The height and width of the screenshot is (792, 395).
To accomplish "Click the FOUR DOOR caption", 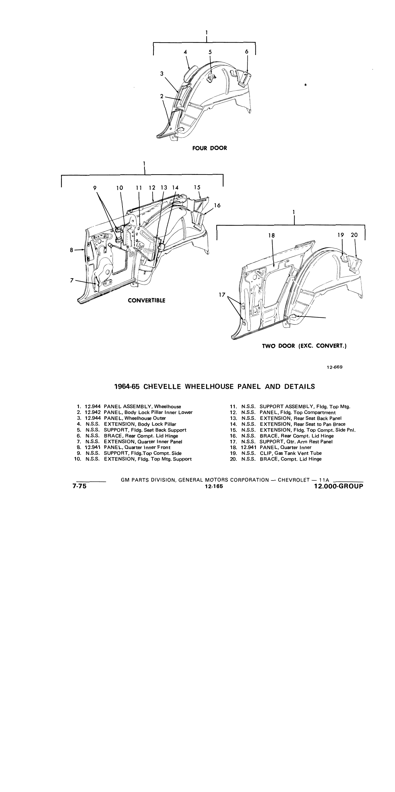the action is click(x=210, y=148).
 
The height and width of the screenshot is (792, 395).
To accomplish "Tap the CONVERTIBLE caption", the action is click(x=147, y=300).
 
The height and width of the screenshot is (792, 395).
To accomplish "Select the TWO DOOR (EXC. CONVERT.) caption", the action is click(x=304, y=346).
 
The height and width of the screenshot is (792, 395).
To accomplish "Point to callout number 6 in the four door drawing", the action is click(x=247, y=52).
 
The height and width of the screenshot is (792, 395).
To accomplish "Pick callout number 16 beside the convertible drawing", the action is click(x=217, y=205).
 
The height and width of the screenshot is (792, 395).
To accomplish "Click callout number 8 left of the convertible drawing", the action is click(x=71, y=250).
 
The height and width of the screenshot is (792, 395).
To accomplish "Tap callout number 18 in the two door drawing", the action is click(x=272, y=235).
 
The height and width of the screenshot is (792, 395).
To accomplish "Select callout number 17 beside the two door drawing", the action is click(x=221, y=295).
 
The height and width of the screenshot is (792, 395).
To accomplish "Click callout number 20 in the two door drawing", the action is click(x=354, y=235).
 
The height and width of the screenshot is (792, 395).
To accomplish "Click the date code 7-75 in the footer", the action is click(x=79, y=486).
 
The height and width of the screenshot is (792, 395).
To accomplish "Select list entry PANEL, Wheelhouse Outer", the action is click(x=135, y=418).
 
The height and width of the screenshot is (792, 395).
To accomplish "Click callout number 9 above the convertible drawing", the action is click(x=95, y=188).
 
